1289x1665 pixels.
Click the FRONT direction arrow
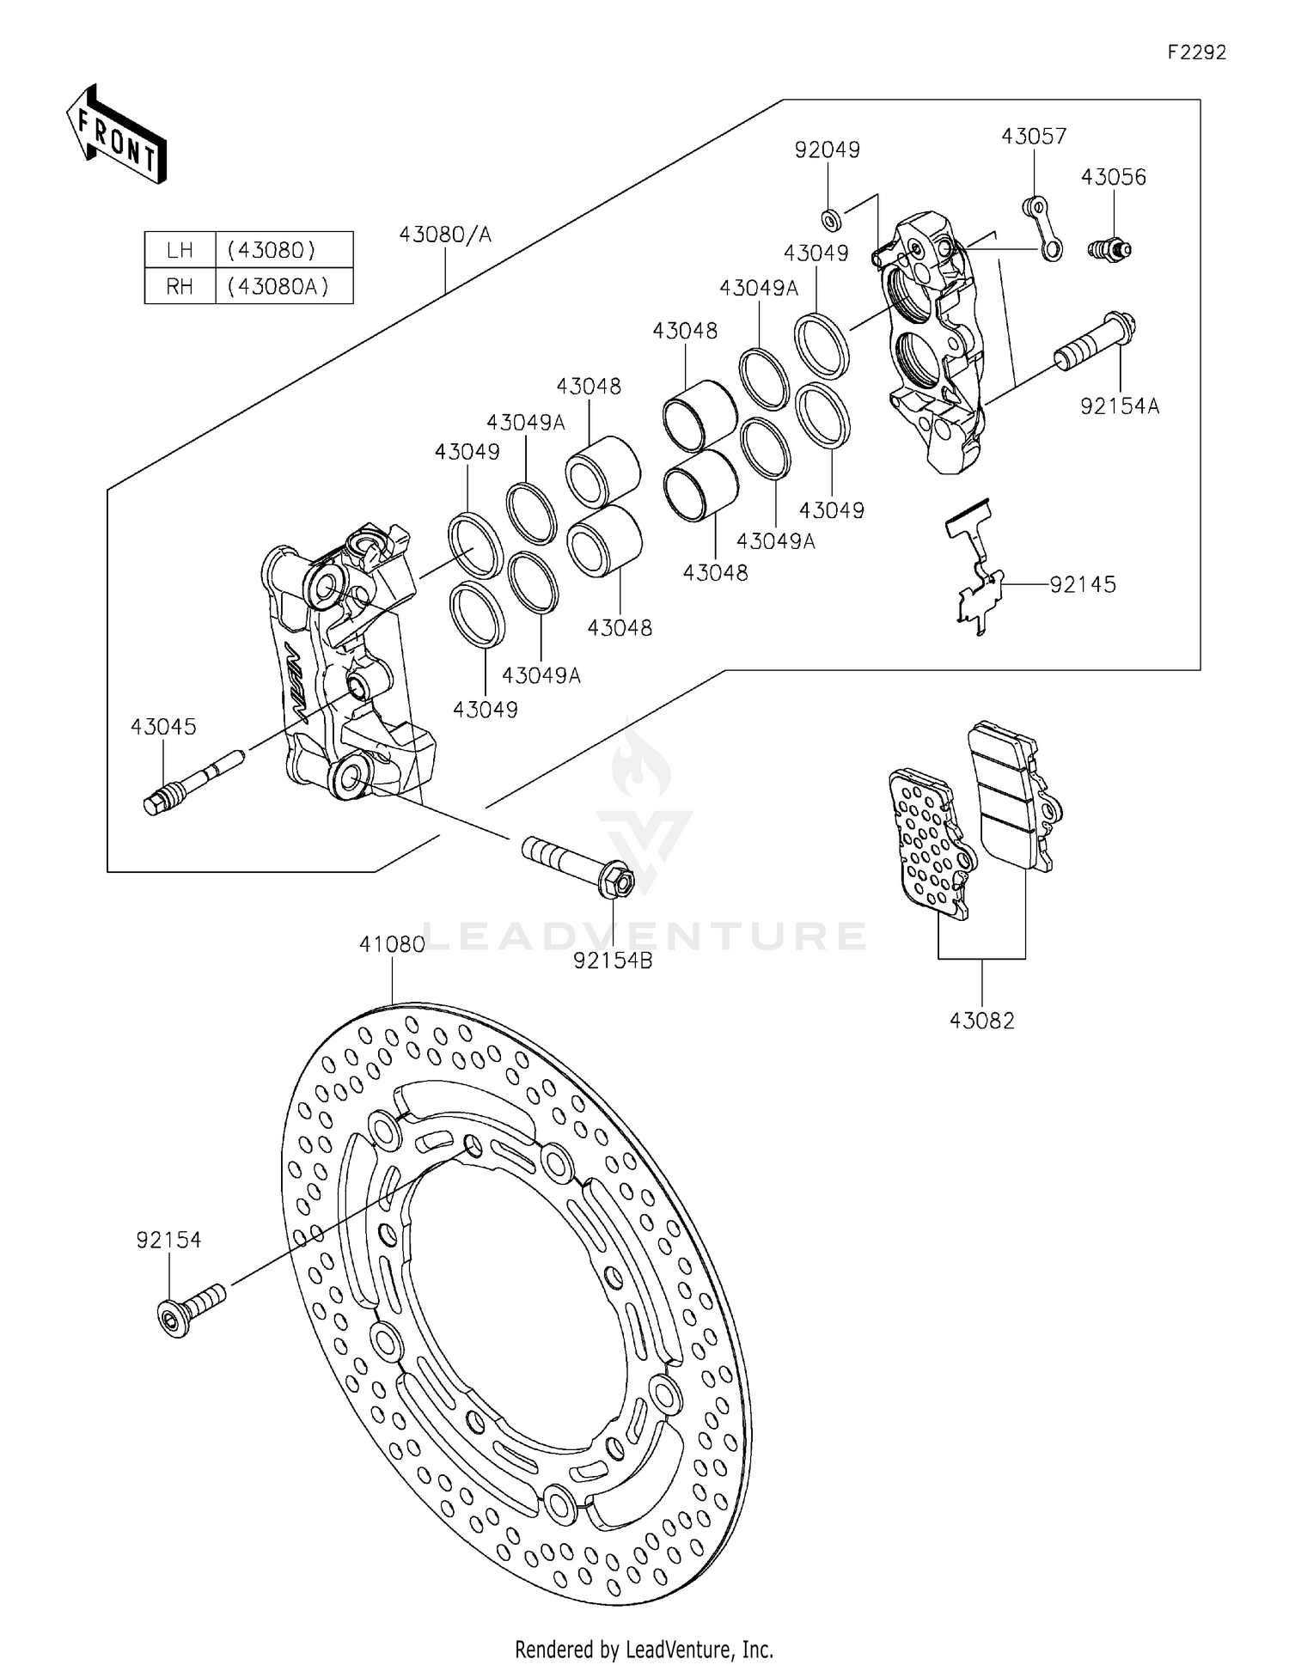coord(116,135)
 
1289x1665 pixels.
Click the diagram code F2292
coord(1196,52)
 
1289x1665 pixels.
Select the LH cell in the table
coord(180,250)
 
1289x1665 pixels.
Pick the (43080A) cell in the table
coord(278,286)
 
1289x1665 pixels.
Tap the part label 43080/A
coord(444,234)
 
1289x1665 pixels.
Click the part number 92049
coord(827,149)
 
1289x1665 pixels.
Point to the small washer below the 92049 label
coord(829,220)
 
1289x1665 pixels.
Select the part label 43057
coord(1033,137)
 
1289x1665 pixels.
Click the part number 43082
coord(981,1021)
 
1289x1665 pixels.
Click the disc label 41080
coord(392,944)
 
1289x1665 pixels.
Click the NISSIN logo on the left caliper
coord(292,679)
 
